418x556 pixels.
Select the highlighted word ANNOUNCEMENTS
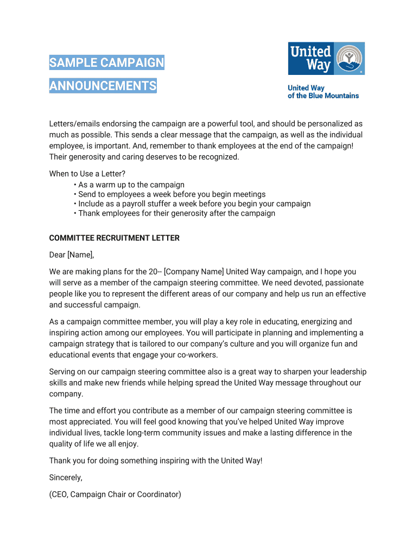pyautogui.click(x=103, y=86)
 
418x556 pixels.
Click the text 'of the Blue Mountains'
pyautogui.click(x=323, y=96)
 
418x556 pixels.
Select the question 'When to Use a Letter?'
pyautogui.click(x=87, y=174)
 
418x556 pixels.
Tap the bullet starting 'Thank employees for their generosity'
pyautogui.click(x=176, y=213)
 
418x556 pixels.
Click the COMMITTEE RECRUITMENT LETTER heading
pyautogui.click(x=114, y=238)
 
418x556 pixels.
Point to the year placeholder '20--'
pyautogui.click(x=154, y=271)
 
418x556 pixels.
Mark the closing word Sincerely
pyautogui.click(x=66, y=477)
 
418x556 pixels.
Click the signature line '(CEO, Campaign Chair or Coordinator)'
pyautogui.click(x=115, y=494)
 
